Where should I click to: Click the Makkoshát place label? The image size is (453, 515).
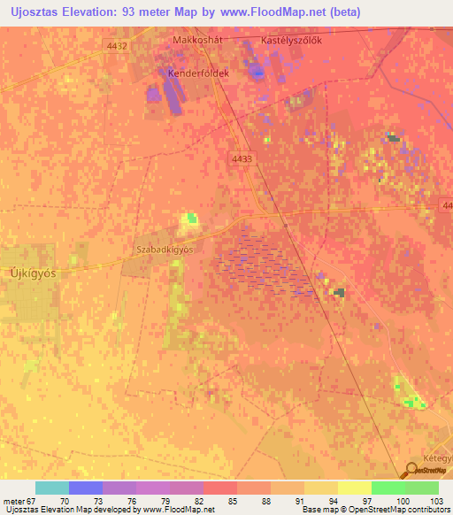coord(196,41)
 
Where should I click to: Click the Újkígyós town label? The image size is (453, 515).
coord(32,273)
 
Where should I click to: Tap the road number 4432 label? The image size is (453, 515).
coord(117,46)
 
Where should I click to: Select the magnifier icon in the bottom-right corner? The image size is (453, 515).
coord(411,471)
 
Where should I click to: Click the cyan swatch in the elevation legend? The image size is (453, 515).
coord(52,488)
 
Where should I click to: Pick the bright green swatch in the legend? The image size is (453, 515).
coord(388,488)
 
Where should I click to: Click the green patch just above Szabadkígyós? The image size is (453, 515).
coord(189,219)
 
